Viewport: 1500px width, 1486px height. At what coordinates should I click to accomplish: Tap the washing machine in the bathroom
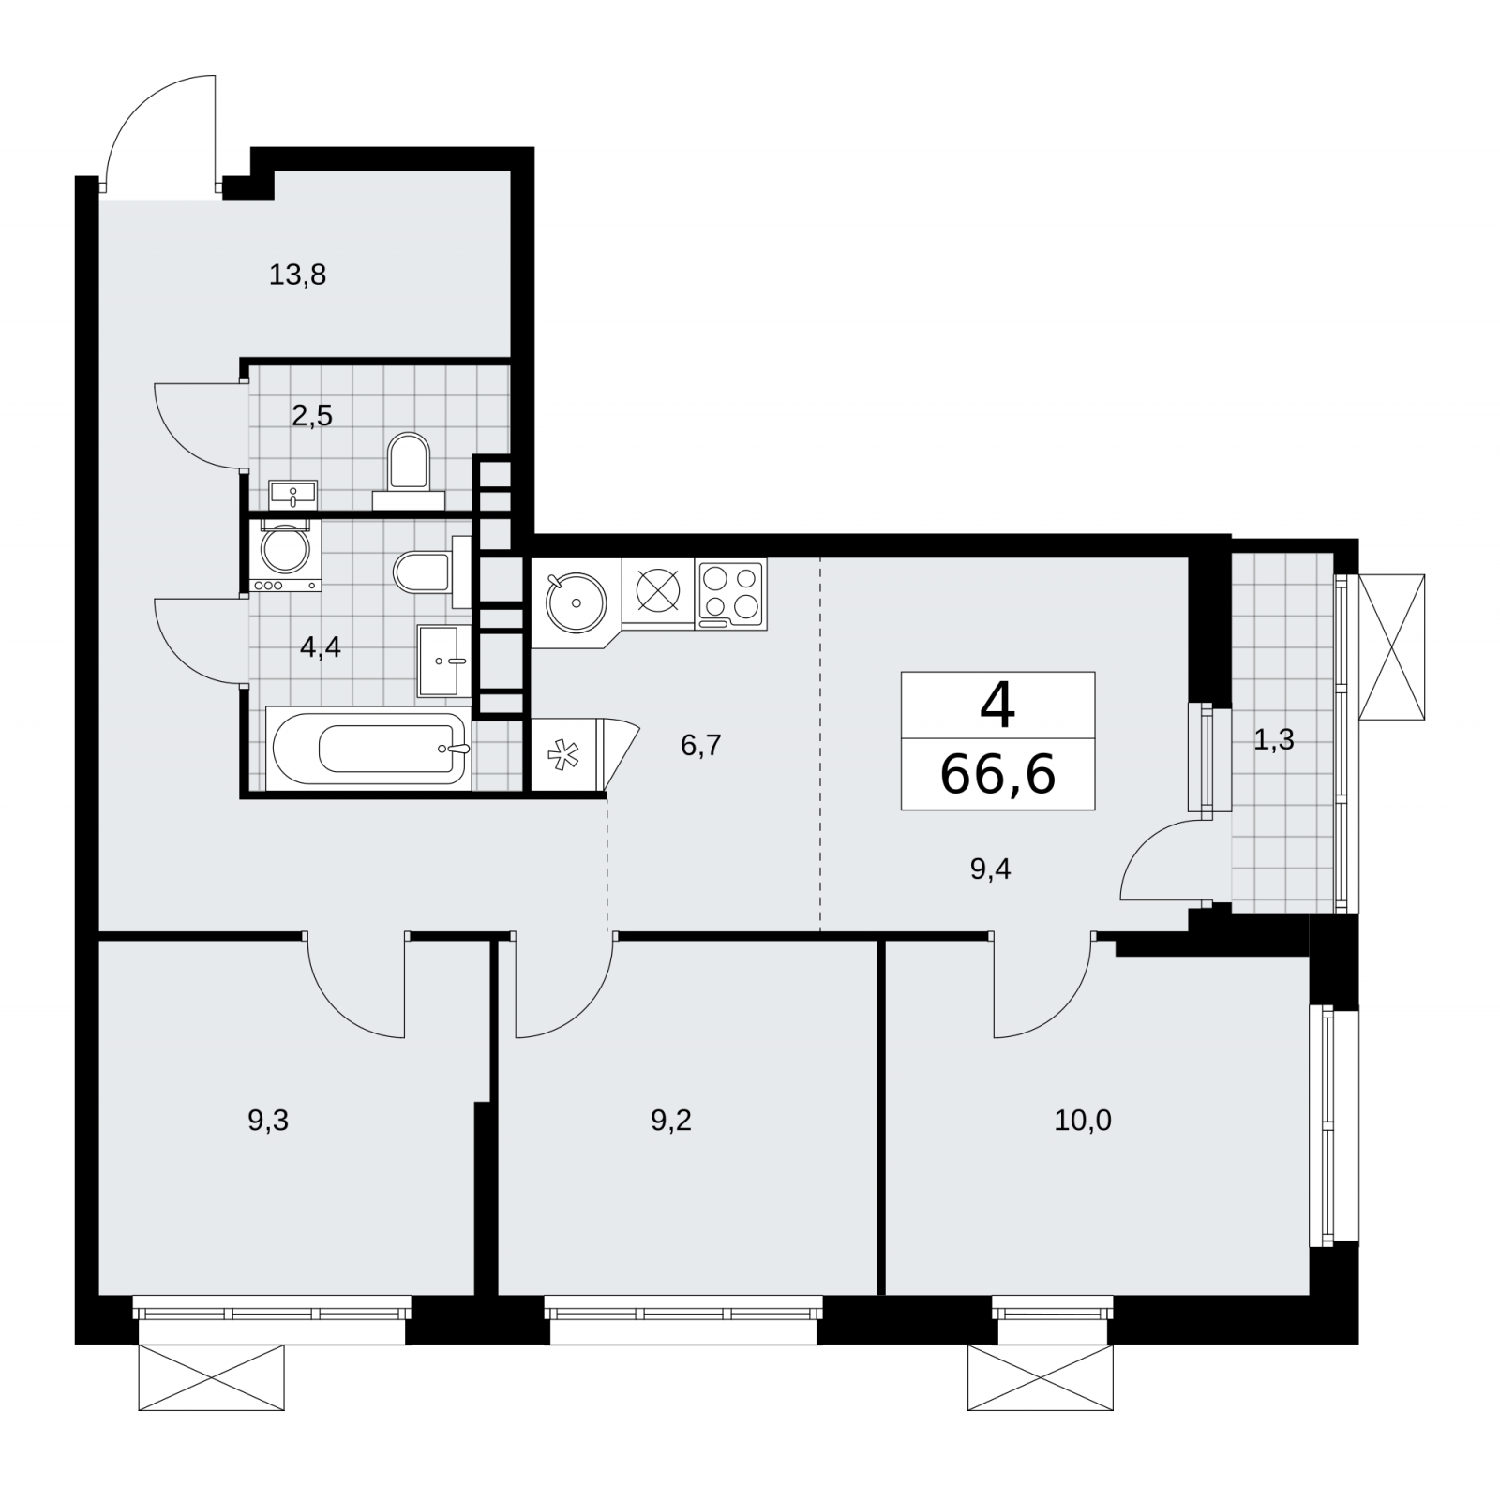click(286, 555)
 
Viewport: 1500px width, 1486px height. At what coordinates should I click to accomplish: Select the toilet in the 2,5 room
click(409, 468)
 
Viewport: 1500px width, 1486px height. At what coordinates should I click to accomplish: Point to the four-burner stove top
click(731, 593)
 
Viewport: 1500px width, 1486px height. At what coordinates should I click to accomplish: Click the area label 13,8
click(297, 275)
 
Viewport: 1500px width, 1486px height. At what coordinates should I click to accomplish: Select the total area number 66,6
click(997, 774)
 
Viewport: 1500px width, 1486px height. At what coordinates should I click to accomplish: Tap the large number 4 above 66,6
click(997, 705)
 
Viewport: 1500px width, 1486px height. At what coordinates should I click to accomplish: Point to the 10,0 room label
click(1083, 1120)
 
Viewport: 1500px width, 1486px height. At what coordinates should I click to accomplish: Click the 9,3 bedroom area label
click(268, 1120)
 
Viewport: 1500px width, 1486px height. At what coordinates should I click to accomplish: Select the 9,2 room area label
click(671, 1120)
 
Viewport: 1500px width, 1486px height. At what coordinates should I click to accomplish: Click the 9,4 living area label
click(991, 869)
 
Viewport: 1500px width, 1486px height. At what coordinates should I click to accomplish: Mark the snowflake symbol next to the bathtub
click(562, 755)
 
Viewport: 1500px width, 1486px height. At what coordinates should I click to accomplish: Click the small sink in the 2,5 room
click(293, 493)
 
